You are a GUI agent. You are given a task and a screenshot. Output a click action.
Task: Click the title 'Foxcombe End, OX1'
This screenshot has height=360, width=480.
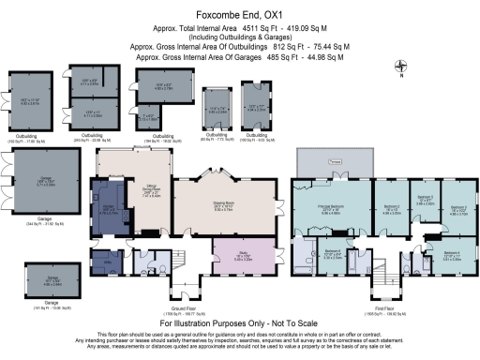tap(240, 13)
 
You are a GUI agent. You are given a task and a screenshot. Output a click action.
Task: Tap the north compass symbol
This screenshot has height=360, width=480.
tap(402, 67)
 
